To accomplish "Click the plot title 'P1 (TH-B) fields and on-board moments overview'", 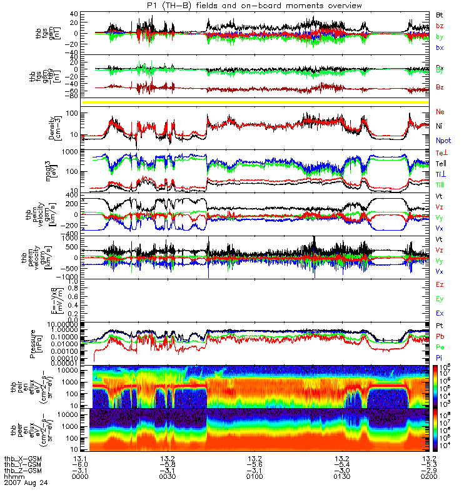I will point(250,6).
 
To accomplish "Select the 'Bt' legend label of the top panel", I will point(440,14).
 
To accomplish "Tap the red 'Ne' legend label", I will point(440,111).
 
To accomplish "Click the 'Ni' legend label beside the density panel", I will point(440,126).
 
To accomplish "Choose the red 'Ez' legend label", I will point(440,285).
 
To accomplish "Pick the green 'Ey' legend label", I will point(440,299).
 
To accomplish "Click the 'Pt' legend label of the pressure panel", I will point(440,326).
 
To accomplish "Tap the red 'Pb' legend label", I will point(440,336).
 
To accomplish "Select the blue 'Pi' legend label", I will point(440,356).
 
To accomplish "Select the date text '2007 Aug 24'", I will point(24,483).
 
